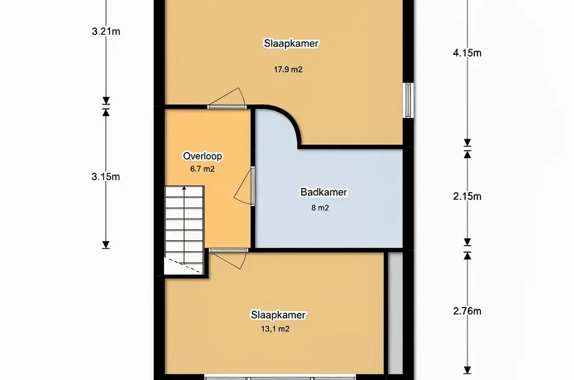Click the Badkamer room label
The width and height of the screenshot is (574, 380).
point(324,192)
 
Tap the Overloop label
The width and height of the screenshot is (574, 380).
point(202,156)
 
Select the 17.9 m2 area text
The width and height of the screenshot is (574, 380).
point(288,69)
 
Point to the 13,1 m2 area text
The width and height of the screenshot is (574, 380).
point(275,329)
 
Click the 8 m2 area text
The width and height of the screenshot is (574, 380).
point(320,208)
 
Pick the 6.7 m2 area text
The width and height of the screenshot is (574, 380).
point(202,169)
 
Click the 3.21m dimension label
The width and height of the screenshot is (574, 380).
point(106,32)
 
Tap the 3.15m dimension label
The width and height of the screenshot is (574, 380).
point(106,177)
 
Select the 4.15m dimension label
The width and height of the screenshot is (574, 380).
point(467,53)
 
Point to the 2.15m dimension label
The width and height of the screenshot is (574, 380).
point(467,196)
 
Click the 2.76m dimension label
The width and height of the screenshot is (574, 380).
point(467,311)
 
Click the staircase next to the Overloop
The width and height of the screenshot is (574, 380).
point(184,230)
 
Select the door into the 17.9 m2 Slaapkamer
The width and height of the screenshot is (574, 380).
point(227,99)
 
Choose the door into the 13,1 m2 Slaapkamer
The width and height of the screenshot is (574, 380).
point(229,259)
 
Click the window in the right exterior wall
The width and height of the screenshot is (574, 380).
point(409,100)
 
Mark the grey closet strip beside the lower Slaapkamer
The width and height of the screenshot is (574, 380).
point(395,313)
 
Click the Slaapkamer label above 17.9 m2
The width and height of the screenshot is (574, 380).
point(292,43)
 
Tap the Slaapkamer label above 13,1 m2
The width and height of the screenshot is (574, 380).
point(278,315)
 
